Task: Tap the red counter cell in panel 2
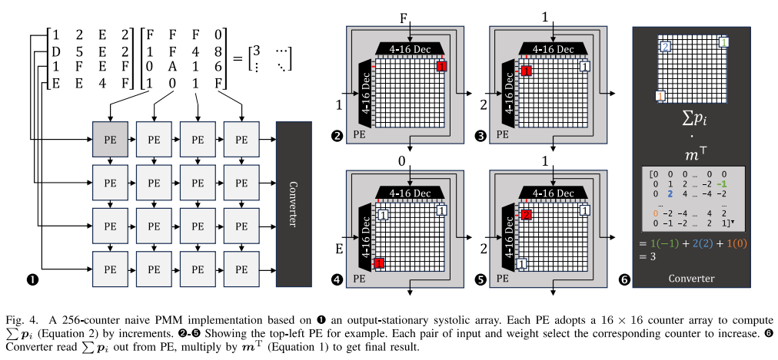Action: [441, 67]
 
